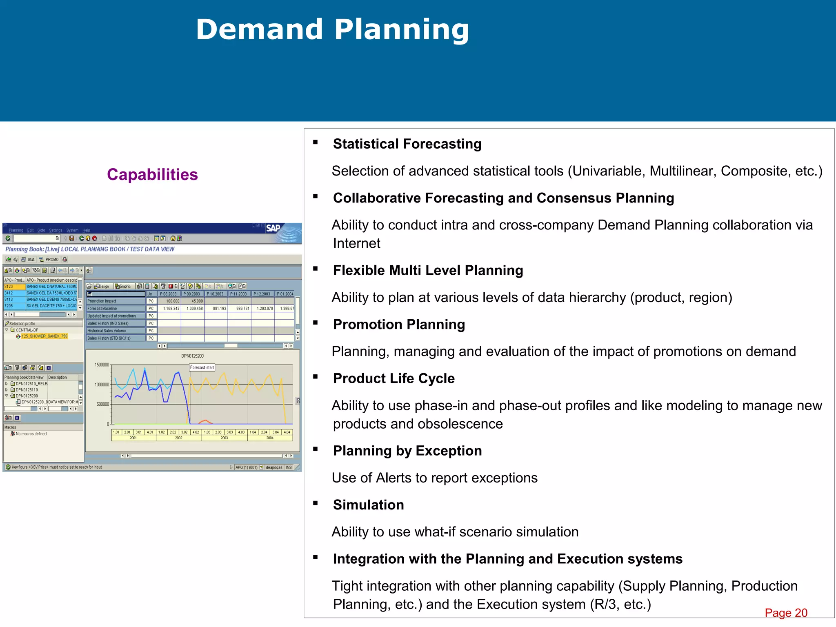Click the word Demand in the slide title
pyautogui.click(x=260, y=29)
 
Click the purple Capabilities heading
pyautogui.click(x=152, y=175)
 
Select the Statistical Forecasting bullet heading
pyautogui.click(x=407, y=144)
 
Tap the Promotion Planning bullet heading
pyautogui.click(x=399, y=324)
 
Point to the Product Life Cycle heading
pyautogui.click(x=394, y=378)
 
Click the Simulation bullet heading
pyautogui.click(x=368, y=505)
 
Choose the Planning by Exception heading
pyautogui.click(x=407, y=451)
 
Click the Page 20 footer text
pyautogui.click(x=786, y=613)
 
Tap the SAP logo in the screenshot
pyautogui.click(x=273, y=228)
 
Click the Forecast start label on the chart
pyautogui.click(x=202, y=367)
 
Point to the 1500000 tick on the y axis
pyautogui.click(x=102, y=365)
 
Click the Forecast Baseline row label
pyautogui.click(x=102, y=309)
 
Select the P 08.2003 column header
pyautogui.click(x=168, y=294)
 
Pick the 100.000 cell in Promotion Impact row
pyautogui.click(x=172, y=301)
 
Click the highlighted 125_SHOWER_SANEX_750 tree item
pyautogui.click(x=44, y=336)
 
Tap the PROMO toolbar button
pyautogui.click(x=52, y=260)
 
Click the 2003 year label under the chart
pyautogui.click(x=224, y=438)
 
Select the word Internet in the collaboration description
pyautogui.click(x=356, y=243)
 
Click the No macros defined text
pyautogui.click(x=31, y=434)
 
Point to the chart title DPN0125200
pyautogui.click(x=192, y=356)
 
